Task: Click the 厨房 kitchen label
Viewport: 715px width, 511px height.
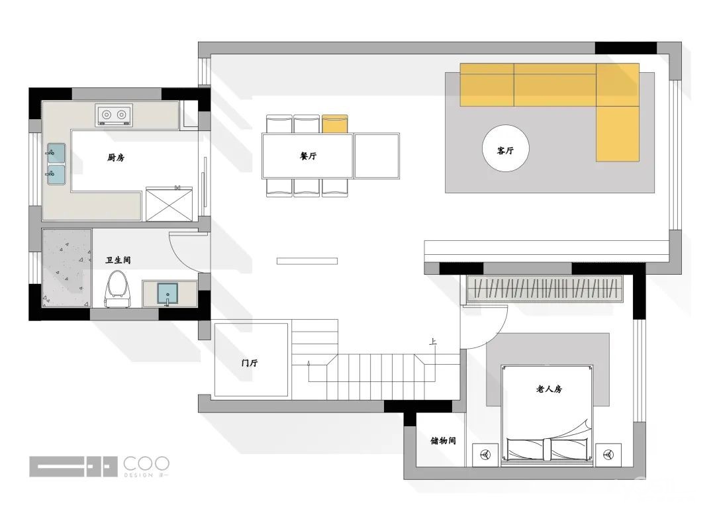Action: (116, 158)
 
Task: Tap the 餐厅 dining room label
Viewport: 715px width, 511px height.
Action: (309, 156)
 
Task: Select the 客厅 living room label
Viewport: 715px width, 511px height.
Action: (505, 150)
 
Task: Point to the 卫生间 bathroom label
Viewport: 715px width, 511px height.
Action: (118, 260)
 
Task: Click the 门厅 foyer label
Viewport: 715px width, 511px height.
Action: (250, 363)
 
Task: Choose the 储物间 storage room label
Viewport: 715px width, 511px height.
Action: (443, 441)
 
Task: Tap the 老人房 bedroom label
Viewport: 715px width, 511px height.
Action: (549, 389)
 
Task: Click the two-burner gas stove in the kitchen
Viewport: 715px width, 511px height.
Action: (114, 115)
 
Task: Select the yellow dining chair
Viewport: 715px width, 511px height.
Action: (335, 124)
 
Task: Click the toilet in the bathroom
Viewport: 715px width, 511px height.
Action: (118, 289)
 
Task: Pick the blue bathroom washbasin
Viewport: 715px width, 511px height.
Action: (167, 294)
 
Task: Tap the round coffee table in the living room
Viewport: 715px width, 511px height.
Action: (506, 149)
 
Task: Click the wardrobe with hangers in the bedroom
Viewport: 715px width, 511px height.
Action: (546, 289)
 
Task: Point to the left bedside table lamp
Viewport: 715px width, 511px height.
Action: (485, 455)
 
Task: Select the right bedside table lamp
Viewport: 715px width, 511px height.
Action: (608, 455)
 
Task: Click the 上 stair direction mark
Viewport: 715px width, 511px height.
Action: (433, 342)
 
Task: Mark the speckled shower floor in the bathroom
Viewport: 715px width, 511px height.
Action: (67, 268)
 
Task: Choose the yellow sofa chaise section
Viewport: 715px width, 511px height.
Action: (618, 134)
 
